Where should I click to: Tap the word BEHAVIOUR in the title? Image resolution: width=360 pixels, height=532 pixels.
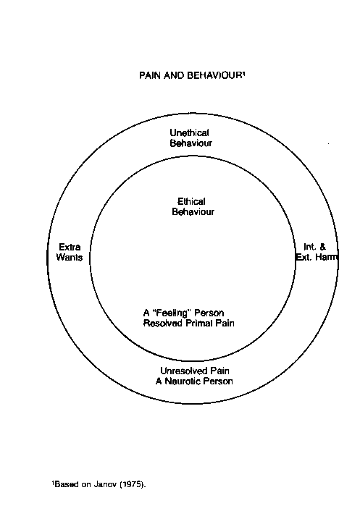pos(214,75)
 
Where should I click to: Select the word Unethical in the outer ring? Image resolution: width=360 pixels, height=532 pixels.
pos(189,132)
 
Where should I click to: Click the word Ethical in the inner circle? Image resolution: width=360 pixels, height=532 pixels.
pos(191,201)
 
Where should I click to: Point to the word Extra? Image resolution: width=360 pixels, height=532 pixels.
pos(70,247)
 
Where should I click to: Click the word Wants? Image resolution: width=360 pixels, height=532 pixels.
pos(70,257)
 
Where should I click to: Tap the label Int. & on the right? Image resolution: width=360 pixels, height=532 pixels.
pos(314,247)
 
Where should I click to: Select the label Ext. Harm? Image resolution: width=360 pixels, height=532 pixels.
pos(317,257)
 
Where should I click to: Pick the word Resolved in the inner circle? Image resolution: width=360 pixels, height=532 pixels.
pos(163,323)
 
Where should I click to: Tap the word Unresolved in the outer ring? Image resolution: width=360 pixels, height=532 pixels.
pos(183,371)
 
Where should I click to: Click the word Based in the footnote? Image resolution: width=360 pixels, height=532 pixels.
pos(66,484)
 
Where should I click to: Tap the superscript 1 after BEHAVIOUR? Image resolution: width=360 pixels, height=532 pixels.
pos(243,72)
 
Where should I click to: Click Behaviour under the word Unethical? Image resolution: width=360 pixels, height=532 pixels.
pos(191,143)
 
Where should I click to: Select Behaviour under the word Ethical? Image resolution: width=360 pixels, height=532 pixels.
pos(193,211)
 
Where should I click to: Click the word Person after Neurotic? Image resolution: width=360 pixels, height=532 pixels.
pos(218,381)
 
